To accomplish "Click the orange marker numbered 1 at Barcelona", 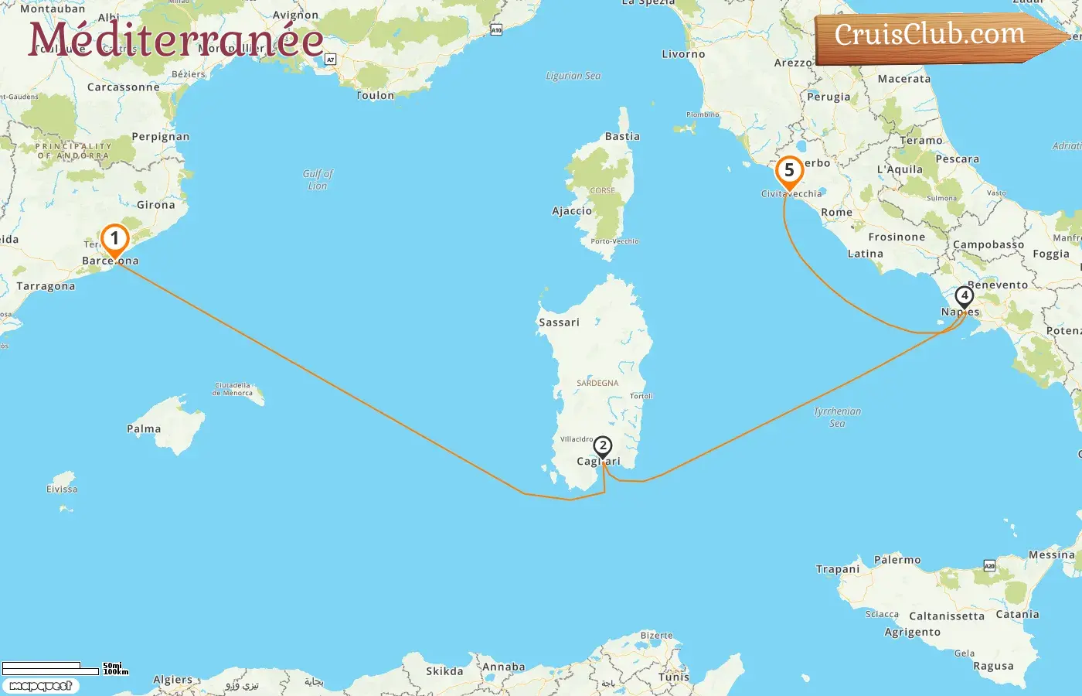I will [114, 239].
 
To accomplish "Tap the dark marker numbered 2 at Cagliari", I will [603, 446].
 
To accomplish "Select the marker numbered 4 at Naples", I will [964, 296].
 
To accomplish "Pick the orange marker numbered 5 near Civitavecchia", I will [789, 171].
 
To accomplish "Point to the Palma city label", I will [144, 428].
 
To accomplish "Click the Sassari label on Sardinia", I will [559, 322].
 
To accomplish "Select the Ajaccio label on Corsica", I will [572, 210].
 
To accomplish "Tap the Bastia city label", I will [622, 136].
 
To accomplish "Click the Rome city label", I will [837, 212].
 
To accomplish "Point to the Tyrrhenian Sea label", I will [837, 418].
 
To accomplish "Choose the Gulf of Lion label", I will [318, 179].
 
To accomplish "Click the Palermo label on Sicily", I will [897, 559].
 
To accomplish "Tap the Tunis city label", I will [674, 677].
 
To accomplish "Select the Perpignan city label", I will [161, 136].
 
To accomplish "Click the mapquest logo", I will [41, 686].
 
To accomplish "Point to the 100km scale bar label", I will [116, 672].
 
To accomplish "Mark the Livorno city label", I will [683, 54].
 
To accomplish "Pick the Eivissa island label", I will [62, 489].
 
